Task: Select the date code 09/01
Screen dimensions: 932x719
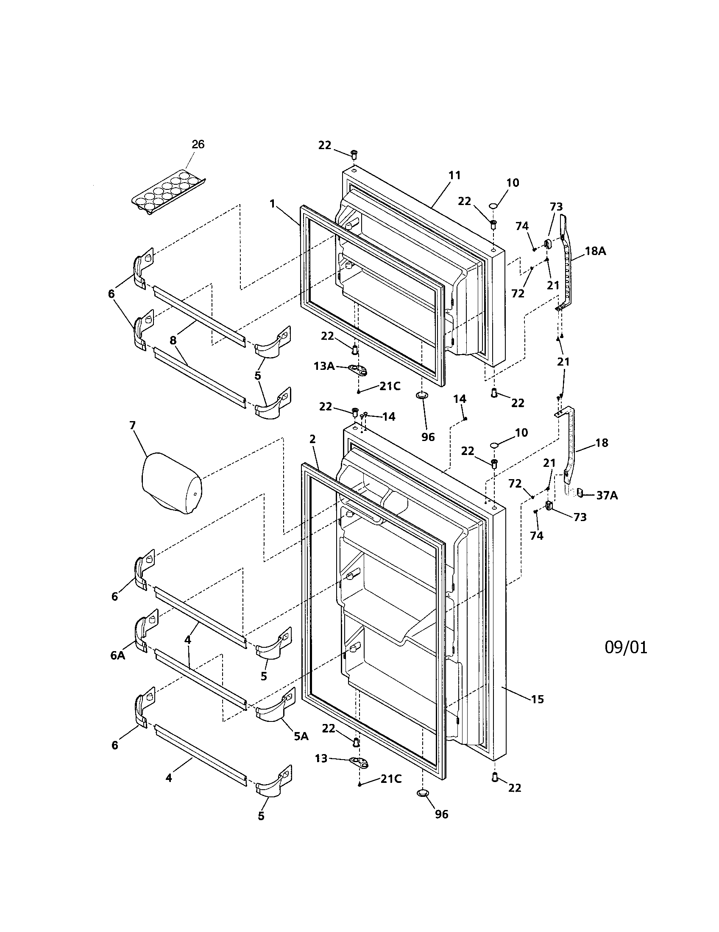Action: [626, 647]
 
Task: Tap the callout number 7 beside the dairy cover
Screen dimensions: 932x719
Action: [132, 425]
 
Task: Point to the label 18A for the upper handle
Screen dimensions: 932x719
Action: [595, 251]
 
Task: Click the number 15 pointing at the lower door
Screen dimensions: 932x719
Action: [538, 699]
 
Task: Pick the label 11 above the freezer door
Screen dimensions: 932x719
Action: [455, 175]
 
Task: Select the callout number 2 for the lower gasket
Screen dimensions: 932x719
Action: [312, 439]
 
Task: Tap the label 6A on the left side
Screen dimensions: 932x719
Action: [117, 655]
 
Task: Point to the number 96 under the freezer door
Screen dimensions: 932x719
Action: [428, 436]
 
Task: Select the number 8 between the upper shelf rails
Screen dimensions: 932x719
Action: [173, 340]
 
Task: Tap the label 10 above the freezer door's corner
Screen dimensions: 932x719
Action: [513, 183]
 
